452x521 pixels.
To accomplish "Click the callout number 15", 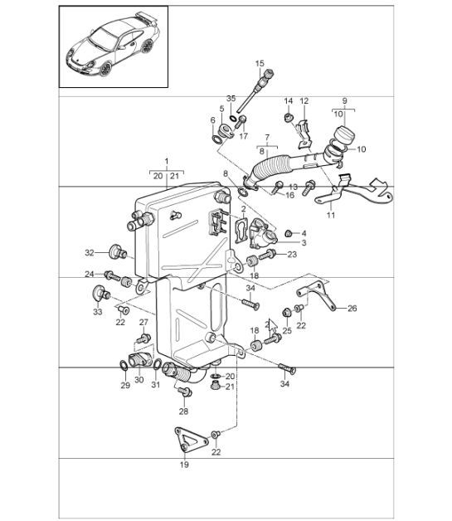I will (x=260, y=64).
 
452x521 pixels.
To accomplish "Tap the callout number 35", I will (x=231, y=98).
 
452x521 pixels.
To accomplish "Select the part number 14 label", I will (x=289, y=101).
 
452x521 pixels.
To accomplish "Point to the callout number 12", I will (x=304, y=101).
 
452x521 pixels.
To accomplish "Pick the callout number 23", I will (x=292, y=255).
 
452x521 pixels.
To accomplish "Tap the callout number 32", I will (x=89, y=251).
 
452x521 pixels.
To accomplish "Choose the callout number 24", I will (x=89, y=274).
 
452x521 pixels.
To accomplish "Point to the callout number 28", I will (x=184, y=411).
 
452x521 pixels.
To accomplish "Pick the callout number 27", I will (x=143, y=323).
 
